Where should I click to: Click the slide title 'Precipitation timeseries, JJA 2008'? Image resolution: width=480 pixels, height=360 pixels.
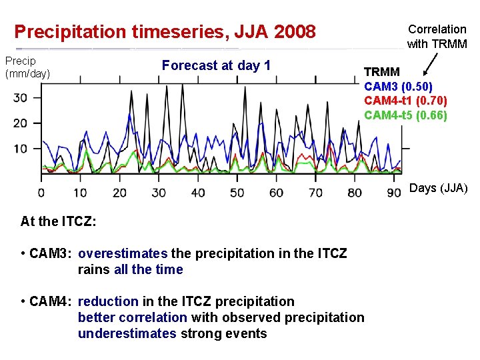tap(165, 31)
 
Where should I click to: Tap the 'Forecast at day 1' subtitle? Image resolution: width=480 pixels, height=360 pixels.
tap(216, 65)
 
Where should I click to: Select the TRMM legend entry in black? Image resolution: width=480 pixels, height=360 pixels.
tap(382, 72)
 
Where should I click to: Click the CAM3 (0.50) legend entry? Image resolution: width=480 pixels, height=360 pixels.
tap(398, 86)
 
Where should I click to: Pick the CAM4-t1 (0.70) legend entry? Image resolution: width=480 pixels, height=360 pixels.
tap(405, 101)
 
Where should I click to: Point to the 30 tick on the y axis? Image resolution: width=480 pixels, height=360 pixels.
tap(21, 97)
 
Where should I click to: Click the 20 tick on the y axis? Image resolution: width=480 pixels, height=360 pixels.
tap(21, 123)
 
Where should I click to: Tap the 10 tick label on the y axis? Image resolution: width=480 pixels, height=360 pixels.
tap(21, 148)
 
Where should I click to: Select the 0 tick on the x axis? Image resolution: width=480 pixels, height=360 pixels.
tap(41, 193)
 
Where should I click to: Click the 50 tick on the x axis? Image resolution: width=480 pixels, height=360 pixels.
tap(237, 193)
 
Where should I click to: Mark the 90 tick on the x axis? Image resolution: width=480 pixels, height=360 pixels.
tap(393, 193)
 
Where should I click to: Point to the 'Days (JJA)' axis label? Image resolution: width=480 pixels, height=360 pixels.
tap(438, 189)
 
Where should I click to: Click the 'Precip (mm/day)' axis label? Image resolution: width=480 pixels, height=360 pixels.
tap(27, 67)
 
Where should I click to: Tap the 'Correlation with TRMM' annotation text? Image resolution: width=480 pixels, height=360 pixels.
tap(437, 37)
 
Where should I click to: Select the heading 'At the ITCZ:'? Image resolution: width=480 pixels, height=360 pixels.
tap(59, 221)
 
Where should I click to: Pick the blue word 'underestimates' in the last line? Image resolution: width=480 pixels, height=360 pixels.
tap(127, 333)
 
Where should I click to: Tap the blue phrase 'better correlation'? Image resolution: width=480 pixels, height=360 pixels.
tap(132, 317)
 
